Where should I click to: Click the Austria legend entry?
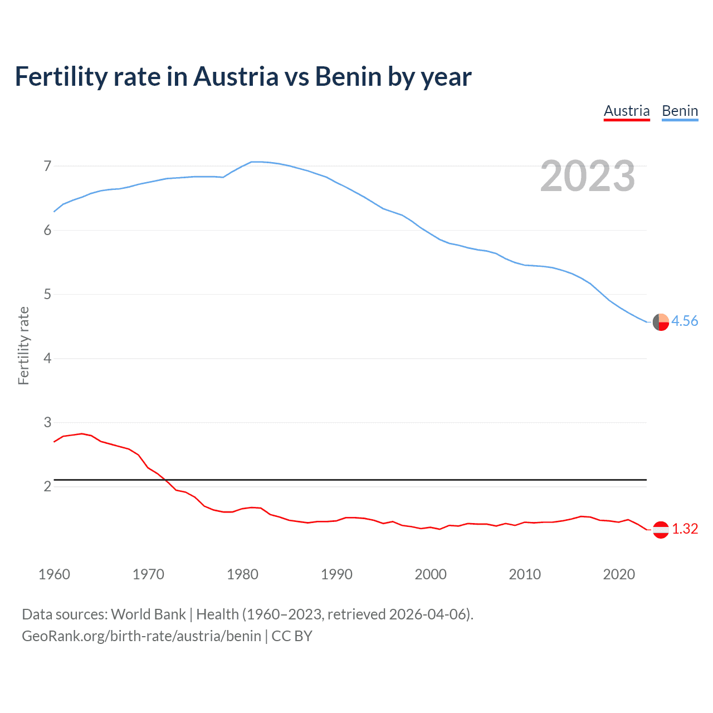(x=627, y=111)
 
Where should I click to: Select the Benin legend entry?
(x=680, y=111)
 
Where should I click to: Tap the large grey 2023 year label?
(x=587, y=176)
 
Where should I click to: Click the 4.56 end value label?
(x=685, y=321)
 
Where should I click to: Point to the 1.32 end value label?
(x=685, y=529)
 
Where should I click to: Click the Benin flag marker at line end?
(x=661, y=322)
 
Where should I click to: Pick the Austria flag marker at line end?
(x=661, y=530)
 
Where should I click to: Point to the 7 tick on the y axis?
(x=47, y=166)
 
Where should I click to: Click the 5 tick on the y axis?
(x=47, y=294)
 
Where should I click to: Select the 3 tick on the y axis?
(x=47, y=422)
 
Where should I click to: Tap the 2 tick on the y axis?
(x=47, y=486)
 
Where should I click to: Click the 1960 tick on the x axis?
(x=54, y=574)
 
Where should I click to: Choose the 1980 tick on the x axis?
(x=242, y=574)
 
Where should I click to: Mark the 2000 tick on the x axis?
(x=431, y=574)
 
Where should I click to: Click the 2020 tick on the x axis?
(x=619, y=574)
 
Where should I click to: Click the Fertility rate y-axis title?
(x=23, y=345)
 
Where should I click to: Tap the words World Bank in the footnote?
(x=148, y=614)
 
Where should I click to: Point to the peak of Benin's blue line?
(x=255, y=162)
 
